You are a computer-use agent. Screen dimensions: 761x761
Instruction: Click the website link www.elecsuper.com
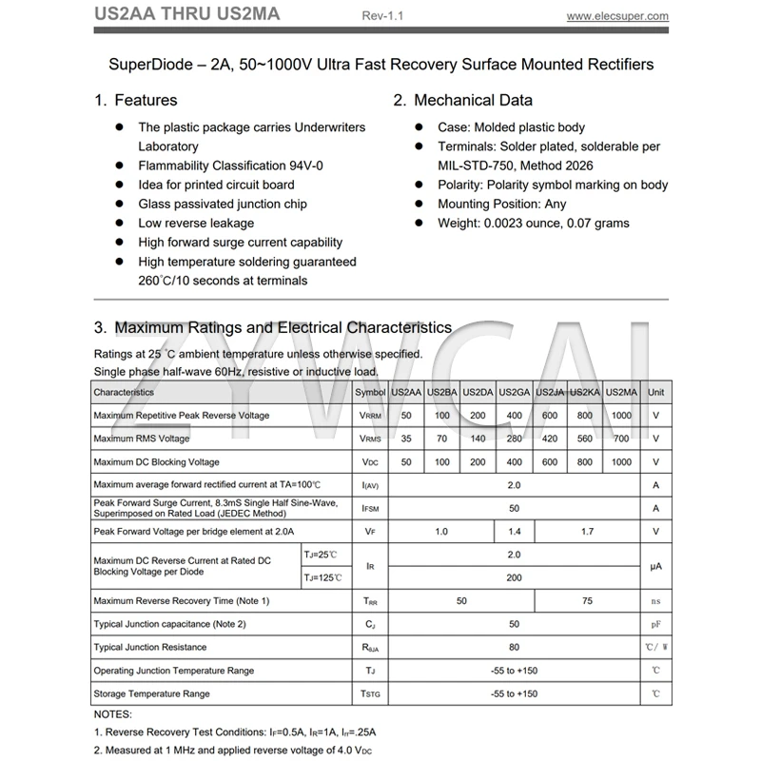617,16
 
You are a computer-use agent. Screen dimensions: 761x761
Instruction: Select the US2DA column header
478,392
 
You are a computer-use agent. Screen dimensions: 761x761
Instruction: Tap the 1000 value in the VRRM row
621,416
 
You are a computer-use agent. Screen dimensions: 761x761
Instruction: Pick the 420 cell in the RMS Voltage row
550,439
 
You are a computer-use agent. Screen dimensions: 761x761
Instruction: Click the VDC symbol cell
370,462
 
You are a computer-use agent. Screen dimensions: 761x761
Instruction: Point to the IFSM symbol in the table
370,509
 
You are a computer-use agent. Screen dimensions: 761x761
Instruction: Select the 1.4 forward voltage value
515,532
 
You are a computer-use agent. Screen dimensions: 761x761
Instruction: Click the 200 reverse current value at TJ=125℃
515,577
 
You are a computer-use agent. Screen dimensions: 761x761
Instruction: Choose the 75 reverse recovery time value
587,601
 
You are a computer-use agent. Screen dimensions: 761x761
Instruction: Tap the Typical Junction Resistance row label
150,648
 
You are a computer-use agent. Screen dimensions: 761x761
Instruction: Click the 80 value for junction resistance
515,648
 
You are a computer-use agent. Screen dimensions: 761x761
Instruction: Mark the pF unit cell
655,624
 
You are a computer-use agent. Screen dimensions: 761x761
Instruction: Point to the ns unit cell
655,601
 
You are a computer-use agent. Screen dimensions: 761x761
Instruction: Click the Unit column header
655,392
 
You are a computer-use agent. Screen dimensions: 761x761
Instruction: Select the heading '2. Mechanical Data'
463,100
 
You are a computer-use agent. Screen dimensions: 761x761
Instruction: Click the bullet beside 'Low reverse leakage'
120,223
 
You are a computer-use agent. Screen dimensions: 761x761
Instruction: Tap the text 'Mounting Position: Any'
501,204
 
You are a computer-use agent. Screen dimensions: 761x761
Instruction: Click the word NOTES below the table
113,713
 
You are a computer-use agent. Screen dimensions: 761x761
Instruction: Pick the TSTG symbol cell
370,694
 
